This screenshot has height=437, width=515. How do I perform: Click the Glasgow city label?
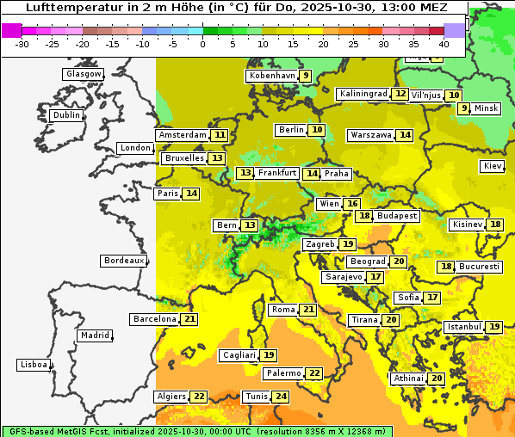[x=83, y=74]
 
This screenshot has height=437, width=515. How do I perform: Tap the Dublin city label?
[x=66, y=115]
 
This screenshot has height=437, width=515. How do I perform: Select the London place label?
[x=135, y=148]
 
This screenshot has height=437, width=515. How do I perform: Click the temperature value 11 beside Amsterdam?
[x=220, y=135]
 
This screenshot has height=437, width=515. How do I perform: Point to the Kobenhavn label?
[x=272, y=76]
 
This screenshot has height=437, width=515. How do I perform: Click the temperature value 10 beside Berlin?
[x=318, y=130]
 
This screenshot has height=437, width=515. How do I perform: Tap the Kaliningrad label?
[x=363, y=94]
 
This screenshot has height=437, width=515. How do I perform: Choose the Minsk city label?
[x=487, y=108]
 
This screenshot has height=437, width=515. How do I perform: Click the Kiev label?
[x=493, y=166]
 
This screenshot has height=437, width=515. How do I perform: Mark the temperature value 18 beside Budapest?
[x=365, y=216]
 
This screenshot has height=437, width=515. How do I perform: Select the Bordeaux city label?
[x=122, y=260]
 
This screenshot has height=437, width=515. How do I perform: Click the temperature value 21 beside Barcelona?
[x=189, y=319]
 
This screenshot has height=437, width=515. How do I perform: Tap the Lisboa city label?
[x=34, y=365]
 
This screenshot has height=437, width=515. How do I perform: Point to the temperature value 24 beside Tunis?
[x=281, y=397]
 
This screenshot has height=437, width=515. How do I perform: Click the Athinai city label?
[x=408, y=379]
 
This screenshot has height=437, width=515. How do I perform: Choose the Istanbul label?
[x=464, y=327]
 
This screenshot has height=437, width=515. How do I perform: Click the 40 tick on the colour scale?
[x=443, y=43]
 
